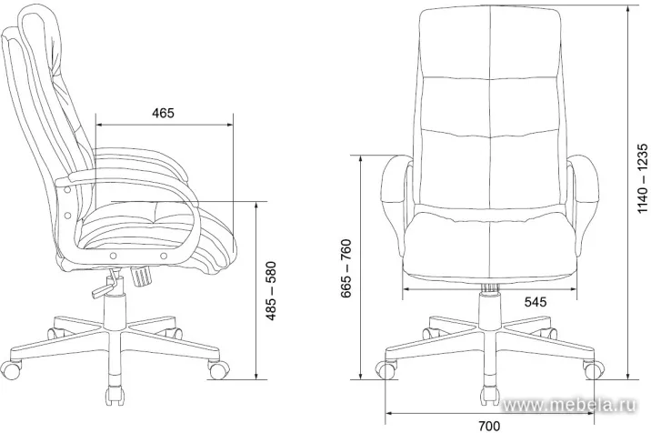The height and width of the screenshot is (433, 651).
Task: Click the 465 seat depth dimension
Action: (163, 113)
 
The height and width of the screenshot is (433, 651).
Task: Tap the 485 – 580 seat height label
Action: (271, 291)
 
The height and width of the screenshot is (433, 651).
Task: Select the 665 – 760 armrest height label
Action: (346, 268)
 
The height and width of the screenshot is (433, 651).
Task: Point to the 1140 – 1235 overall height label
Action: (642, 178)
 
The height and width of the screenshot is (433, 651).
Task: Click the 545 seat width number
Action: (536, 302)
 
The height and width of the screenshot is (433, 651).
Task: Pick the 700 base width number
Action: (489, 426)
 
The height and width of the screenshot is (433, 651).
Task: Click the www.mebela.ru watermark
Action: (569, 404)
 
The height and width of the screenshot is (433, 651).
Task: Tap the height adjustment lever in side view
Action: (105, 285)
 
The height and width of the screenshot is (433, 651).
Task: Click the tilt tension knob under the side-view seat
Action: (141, 276)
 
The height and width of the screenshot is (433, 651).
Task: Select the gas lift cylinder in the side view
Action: (115, 311)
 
